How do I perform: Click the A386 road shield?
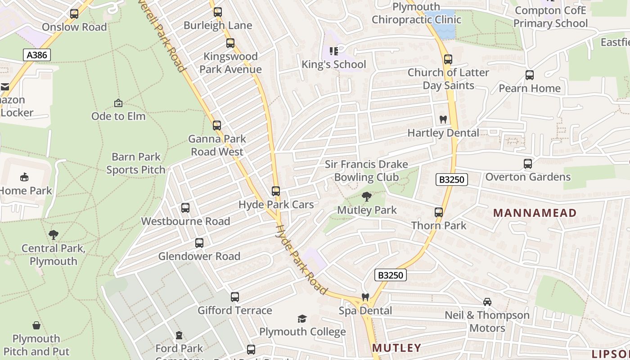(x=37, y=55)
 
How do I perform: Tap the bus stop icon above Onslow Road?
(x=74, y=14)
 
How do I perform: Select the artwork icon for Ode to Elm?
(x=118, y=103)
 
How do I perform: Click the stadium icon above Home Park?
(x=24, y=177)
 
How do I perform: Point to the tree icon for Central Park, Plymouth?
(x=53, y=235)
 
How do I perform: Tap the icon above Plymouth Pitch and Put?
(x=36, y=325)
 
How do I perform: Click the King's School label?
(x=334, y=64)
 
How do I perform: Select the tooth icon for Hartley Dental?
(x=443, y=120)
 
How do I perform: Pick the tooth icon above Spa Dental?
(x=365, y=297)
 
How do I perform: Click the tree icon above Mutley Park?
(x=367, y=197)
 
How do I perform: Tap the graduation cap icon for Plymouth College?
(x=302, y=319)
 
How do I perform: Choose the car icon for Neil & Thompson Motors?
(x=487, y=301)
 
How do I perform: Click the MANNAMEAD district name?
(x=535, y=213)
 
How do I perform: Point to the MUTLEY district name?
(x=396, y=348)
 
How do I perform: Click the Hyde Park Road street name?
(x=301, y=260)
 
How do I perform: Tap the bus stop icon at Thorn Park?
(x=439, y=212)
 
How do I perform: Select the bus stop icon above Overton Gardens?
(x=528, y=164)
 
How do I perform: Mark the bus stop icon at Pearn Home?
(x=530, y=75)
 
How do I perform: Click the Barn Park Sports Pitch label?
(x=136, y=163)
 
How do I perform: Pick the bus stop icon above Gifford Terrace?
(x=235, y=297)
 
